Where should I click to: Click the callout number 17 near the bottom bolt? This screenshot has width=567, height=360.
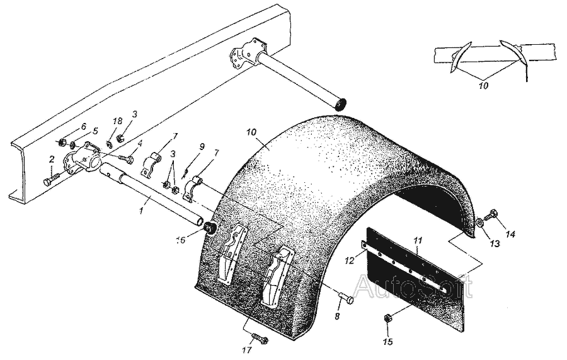coord(248,351)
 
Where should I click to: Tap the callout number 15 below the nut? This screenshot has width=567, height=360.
coord(388,342)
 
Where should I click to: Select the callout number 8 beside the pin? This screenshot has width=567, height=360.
coord(337,316)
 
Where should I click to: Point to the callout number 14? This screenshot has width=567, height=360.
coord(510,235)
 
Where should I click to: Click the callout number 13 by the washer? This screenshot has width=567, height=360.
coord(495,244)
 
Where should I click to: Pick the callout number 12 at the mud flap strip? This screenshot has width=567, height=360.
coord(349,260)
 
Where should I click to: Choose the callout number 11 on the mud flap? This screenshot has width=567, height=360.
coord(418,240)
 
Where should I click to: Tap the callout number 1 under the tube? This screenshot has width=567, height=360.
coord(142,210)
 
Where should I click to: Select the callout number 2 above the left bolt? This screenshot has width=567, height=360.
coord(52,159)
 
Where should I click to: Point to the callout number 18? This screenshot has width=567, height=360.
coord(118,121)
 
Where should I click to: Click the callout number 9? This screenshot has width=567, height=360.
coord(202,146)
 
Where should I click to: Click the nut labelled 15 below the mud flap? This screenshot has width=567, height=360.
coord(388,319)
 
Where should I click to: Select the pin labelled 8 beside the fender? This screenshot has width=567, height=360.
coord(346,299)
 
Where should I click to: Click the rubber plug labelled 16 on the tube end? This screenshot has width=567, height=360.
coord(210,229)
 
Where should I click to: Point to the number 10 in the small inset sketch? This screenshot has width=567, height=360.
coord(483,86)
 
